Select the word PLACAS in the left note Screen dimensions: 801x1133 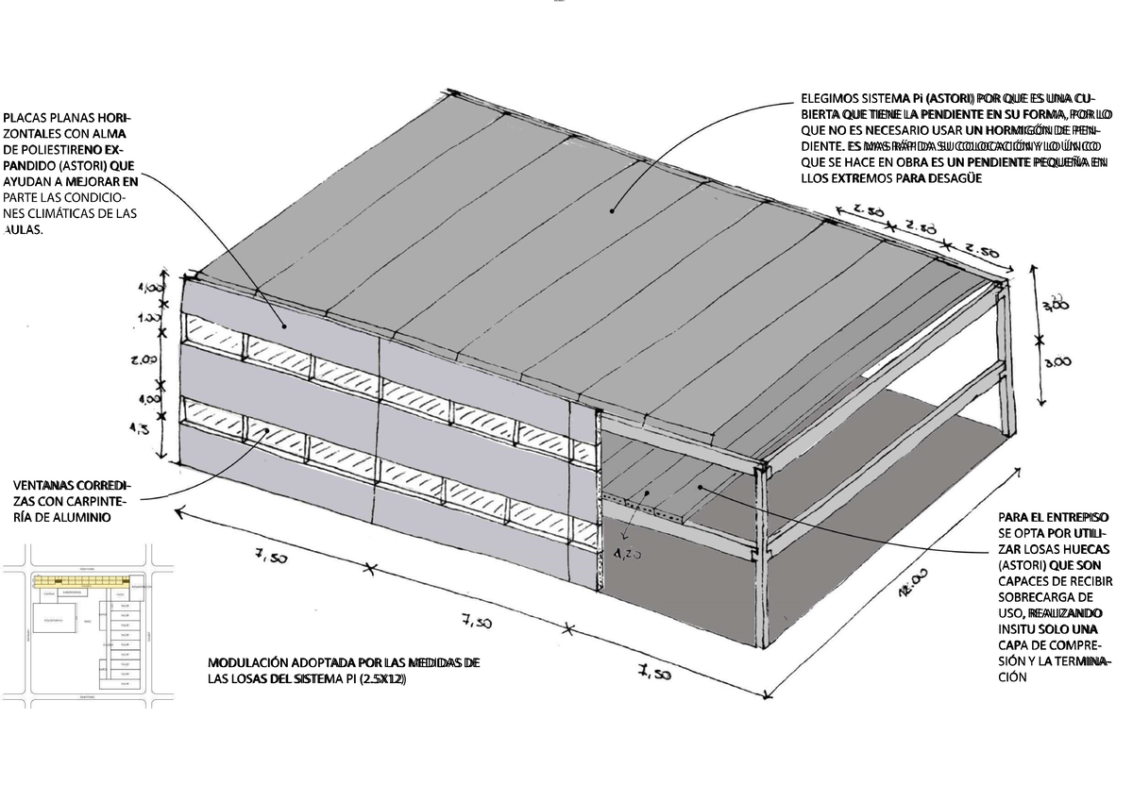pos(26,118)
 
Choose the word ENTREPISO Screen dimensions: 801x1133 pos(1077,517)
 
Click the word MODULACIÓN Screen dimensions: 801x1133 pos(248,662)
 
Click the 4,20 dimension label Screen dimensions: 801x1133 pos(627,555)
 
